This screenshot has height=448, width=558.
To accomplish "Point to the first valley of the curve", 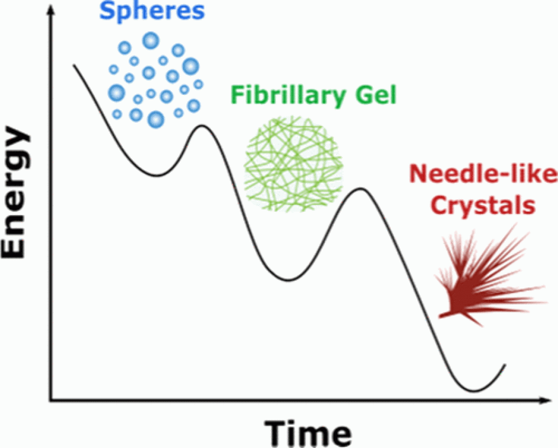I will tap(158, 176).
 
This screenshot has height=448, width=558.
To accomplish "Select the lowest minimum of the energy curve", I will tap(473, 391).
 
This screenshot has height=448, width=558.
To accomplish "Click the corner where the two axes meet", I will tap(50, 402).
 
